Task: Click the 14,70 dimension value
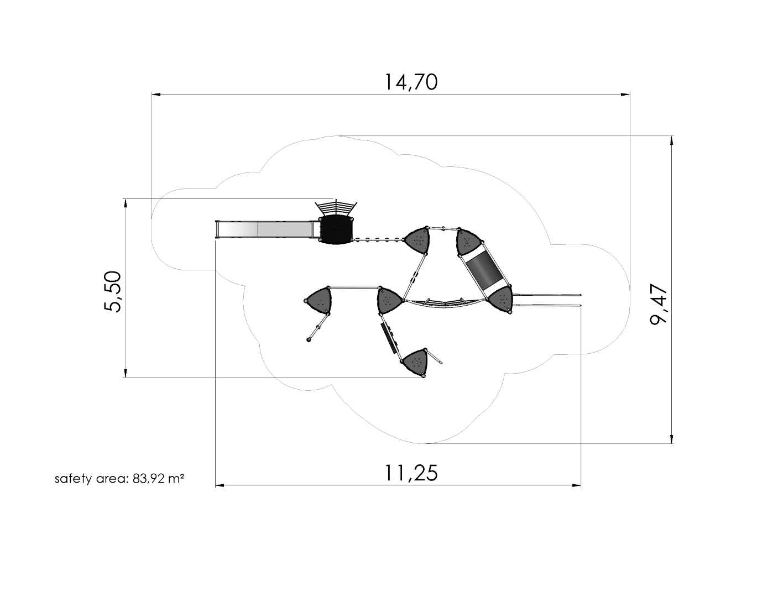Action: [411, 82]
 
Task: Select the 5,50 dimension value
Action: [113, 291]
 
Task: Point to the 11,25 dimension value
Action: [411, 473]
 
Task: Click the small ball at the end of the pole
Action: [309, 339]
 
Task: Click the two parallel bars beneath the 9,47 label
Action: [547, 300]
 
